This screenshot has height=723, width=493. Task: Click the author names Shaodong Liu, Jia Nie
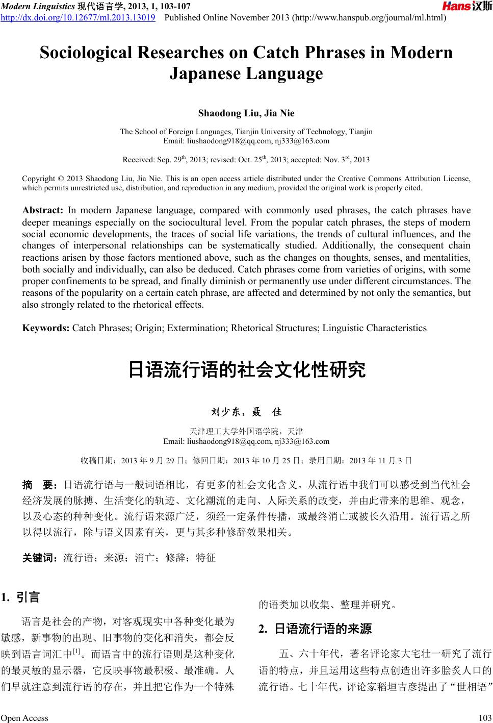pyautogui.click(x=246, y=113)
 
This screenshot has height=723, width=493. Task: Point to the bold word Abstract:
pyautogui.click(x=42, y=210)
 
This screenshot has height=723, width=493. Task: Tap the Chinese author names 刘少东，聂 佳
pyautogui.click(x=246, y=412)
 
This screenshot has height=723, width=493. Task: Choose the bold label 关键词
pyautogui.click(x=40, y=558)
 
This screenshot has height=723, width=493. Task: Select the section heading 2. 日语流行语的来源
pyautogui.click(x=316, y=629)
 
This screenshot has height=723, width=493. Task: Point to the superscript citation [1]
pyautogui.click(x=77, y=651)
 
